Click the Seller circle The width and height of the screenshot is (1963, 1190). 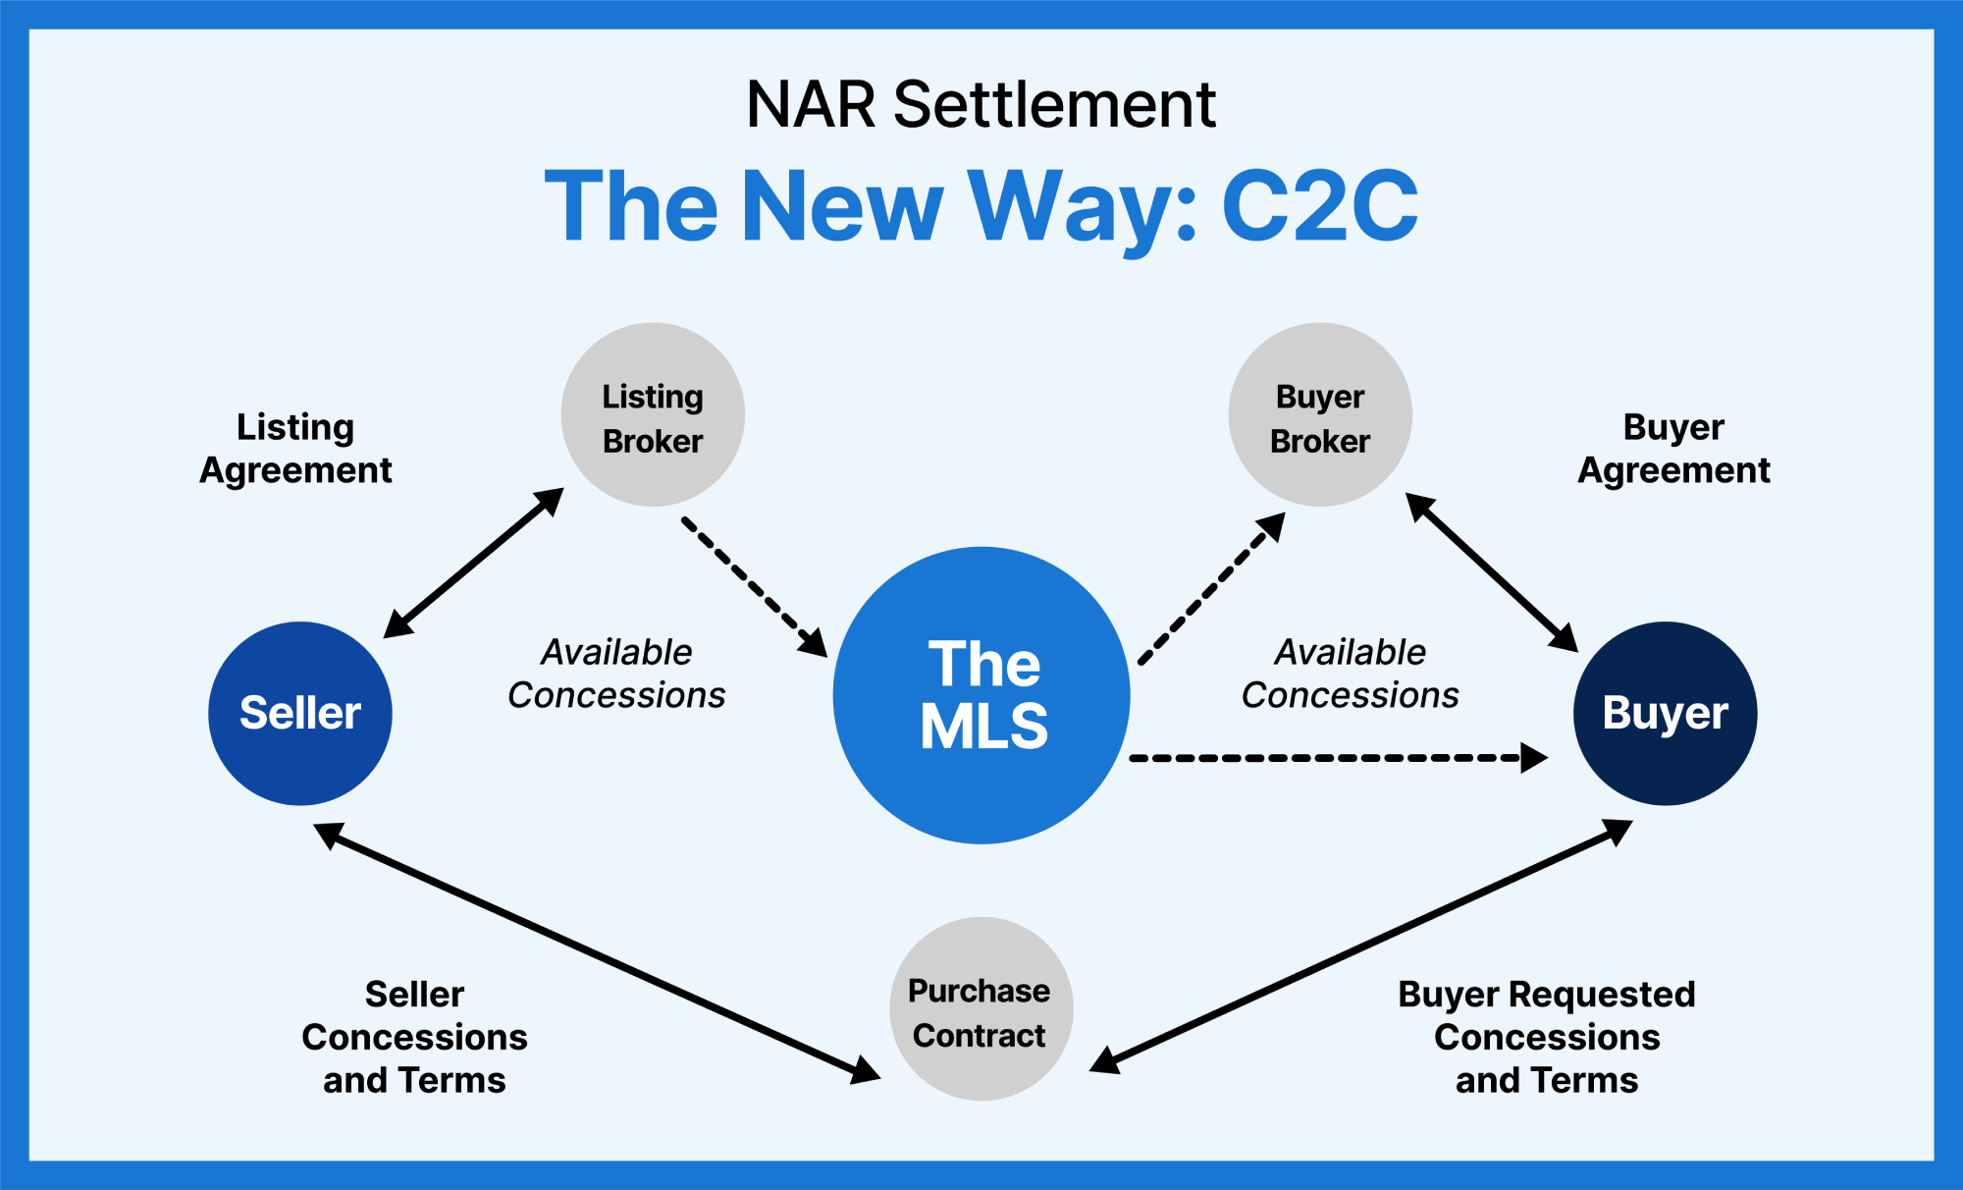click(x=300, y=714)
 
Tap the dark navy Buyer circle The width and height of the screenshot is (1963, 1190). click(x=1665, y=714)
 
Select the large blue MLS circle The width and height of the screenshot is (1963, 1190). click(x=981, y=695)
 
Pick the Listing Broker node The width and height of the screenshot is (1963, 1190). click(x=653, y=415)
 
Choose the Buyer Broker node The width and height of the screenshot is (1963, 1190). click(x=1320, y=415)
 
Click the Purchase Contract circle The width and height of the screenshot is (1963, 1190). click(x=981, y=1009)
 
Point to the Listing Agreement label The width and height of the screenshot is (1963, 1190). click(x=295, y=449)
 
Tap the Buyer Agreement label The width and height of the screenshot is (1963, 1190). click(x=1673, y=449)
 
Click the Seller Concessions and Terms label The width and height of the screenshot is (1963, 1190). click(x=414, y=1037)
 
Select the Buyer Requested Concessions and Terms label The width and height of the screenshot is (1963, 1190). click(x=1547, y=1037)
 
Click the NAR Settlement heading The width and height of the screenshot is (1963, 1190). click(x=981, y=104)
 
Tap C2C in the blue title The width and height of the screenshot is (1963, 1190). click(x=1319, y=206)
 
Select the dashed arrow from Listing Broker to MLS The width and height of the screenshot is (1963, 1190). click(x=754, y=586)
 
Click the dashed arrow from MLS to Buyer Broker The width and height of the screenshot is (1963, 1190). click(x=1211, y=589)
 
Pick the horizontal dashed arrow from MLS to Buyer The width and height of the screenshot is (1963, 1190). click(x=1335, y=758)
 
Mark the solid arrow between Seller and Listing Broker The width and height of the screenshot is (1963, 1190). click(x=473, y=564)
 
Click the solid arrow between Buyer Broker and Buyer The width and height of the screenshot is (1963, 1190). click(x=1491, y=571)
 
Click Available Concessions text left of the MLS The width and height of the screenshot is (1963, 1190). click(x=616, y=674)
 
